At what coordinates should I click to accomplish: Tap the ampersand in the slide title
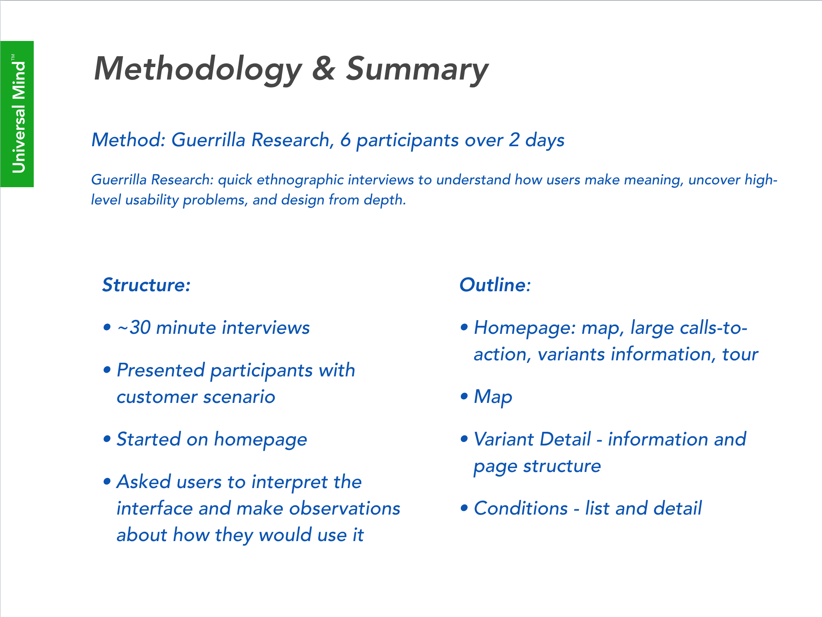coord(323,68)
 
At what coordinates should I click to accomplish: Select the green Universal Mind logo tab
coord(17,114)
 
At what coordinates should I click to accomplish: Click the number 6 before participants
coord(346,140)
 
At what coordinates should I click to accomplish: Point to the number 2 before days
coord(514,140)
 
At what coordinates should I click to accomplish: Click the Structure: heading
coord(146,285)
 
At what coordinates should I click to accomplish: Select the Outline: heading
coord(495,285)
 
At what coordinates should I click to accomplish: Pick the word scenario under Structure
coord(239,397)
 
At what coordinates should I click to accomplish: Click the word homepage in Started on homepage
coord(260,440)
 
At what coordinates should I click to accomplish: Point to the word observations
coord(345,509)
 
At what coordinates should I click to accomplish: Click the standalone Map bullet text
coord(493,397)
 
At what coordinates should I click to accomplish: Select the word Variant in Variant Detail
coord(505,439)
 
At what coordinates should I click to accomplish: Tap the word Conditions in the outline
coord(521,509)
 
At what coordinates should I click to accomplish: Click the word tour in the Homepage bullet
coord(740,355)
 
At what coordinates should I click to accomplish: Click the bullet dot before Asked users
coord(107,481)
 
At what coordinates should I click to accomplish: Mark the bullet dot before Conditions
coord(464,508)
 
